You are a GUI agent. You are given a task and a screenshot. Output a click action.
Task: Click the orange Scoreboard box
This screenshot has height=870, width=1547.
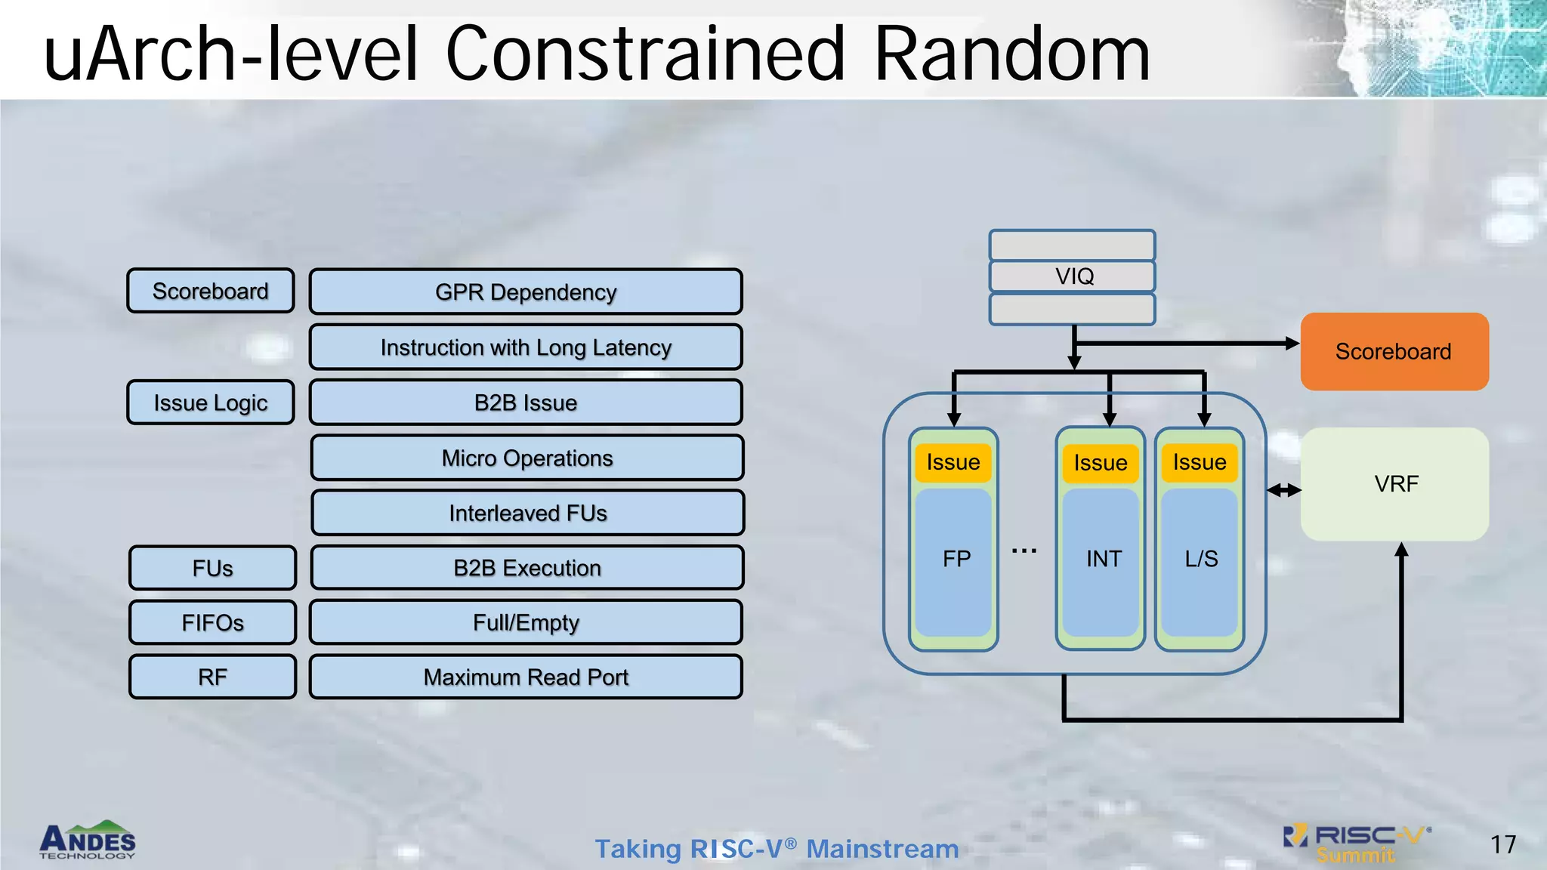(x=1394, y=351)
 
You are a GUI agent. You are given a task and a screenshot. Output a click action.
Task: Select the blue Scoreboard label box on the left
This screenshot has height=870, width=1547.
(x=211, y=291)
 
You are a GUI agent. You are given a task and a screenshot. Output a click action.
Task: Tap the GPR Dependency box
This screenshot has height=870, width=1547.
(x=526, y=292)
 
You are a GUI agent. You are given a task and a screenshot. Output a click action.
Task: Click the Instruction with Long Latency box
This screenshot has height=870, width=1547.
(x=526, y=347)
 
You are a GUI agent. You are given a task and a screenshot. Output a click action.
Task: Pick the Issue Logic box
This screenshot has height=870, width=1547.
(x=211, y=403)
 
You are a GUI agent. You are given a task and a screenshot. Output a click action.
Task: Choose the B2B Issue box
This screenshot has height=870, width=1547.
(x=526, y=403)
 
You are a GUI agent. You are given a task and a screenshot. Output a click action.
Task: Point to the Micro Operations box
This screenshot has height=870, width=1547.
(x=527, y=458)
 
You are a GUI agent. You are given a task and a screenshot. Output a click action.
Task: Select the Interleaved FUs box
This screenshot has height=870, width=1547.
(x=527, y=513)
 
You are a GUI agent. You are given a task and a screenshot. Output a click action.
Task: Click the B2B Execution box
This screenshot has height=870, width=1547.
(x=527, y=568)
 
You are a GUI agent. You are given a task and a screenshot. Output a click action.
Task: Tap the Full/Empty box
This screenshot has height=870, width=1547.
(x=526, y=622)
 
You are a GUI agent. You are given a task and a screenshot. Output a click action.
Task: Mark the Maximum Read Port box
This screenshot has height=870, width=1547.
(x=526, y=677)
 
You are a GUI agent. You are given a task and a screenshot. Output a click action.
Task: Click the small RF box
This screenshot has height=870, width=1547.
(x=212, y=677)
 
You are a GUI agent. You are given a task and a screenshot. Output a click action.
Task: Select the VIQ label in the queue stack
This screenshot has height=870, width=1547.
(x=1073, y=276)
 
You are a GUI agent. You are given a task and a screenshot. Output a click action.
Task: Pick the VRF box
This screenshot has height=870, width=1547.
(x=1394, y=484)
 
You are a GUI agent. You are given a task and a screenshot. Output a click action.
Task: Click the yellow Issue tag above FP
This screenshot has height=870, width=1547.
(x=953, y=462)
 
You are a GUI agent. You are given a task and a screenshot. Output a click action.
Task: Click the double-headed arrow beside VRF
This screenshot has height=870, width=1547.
(x=1283, y=490)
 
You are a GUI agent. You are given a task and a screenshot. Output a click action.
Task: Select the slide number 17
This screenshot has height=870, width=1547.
(x=1502, y=844)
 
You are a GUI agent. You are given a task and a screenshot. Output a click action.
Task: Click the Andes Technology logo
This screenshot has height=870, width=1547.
(x=88, y=841)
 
